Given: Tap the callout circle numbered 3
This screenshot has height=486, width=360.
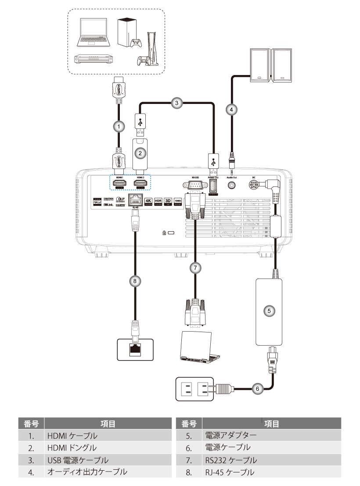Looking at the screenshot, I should click(x=177, y=104).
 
